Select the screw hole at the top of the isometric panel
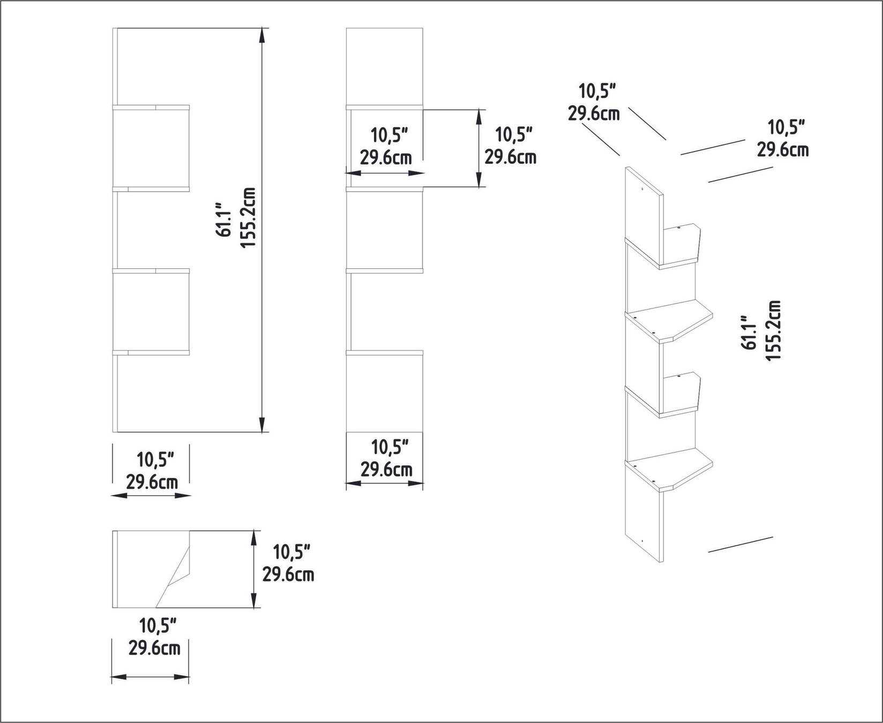click(x=642, y=189)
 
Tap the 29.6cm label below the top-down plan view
click(x=154, y=649)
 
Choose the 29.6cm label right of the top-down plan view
click(x=288, y=575)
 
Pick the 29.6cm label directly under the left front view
click(x=152, y=483)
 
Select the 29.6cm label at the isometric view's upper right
click(x=782, y=149)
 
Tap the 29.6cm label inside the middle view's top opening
click(x=385, y=158)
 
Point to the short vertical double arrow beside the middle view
click(x=478, y=147)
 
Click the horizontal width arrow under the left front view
click(x=151, y=496)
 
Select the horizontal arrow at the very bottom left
click(x=151, y=677)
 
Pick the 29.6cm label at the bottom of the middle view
click(x=386, y=470)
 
